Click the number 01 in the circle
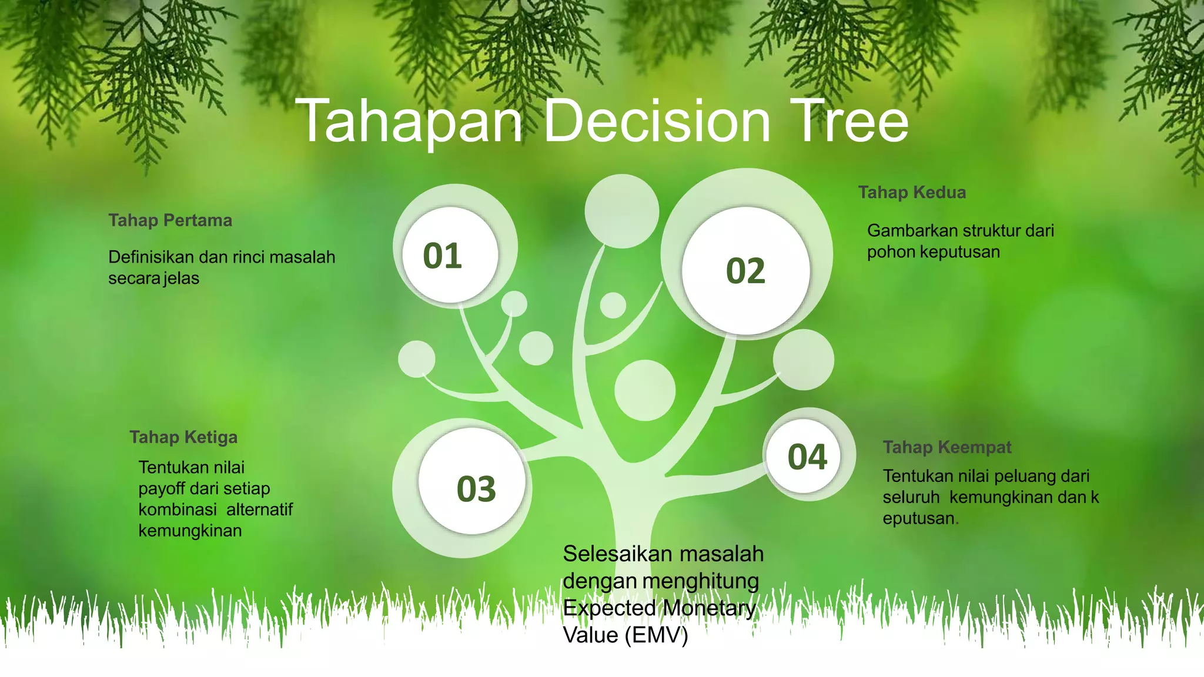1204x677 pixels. click(443, 256)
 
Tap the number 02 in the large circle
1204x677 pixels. click(745, 271)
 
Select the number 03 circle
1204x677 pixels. click(476, 489)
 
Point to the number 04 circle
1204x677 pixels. click(807, 457)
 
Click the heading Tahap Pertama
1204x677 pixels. click(170, 220)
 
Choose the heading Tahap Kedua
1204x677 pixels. click(912, 192)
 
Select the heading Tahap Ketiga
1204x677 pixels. click(183, 437)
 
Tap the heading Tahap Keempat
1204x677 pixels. click(947, 447)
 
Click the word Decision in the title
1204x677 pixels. click(657, 122)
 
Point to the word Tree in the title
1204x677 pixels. click(849, 122)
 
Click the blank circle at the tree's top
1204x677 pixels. click(622, 210)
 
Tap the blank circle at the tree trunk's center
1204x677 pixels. click(645, 390)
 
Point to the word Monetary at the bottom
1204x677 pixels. click(709, 608)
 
